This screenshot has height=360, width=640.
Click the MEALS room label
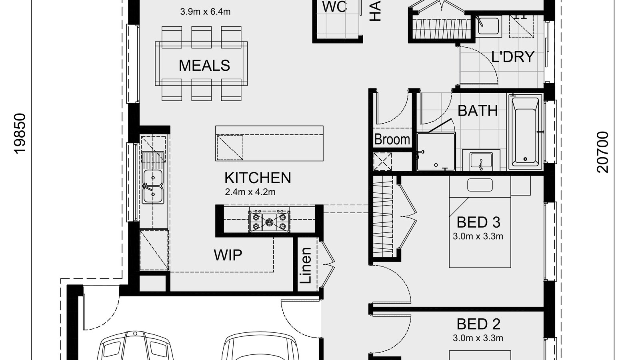point(204,65)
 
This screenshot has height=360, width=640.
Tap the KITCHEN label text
point(258,178)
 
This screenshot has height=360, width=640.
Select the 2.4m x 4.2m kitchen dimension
point(250,192)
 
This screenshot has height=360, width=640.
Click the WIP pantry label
point(228,255)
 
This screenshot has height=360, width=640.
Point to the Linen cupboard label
point(306,266)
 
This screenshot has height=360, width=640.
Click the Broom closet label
point(392,139)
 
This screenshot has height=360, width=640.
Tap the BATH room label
point(478,110)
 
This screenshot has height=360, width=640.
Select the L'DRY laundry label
point(512,57)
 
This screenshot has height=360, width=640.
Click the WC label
point(334,7)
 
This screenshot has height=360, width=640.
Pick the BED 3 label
point(478,222)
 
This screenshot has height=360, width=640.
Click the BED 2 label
point(478,324)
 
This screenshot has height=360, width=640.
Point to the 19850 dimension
point(20,133)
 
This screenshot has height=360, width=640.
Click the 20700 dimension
point(602,152)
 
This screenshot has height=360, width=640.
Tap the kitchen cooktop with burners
point(269,221)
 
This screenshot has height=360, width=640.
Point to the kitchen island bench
point(269,143)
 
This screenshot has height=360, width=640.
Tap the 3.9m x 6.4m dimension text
point(205,12)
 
